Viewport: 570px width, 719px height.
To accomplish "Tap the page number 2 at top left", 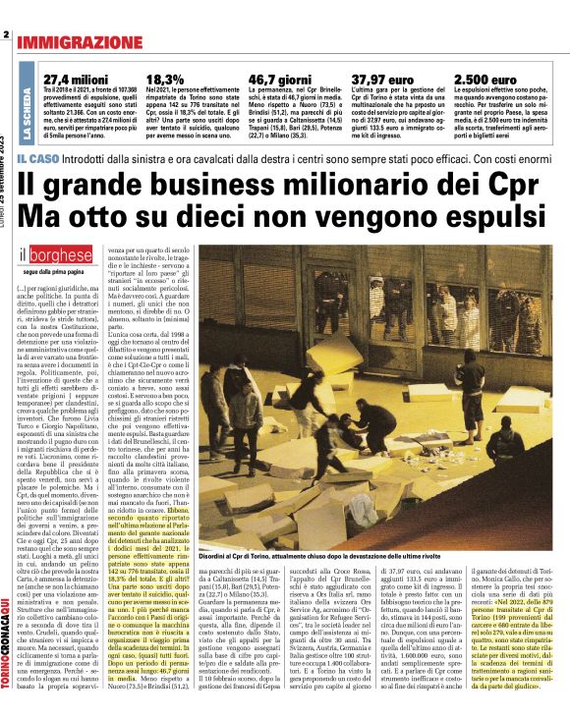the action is (6, 36).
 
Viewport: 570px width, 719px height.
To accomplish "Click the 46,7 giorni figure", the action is (279, 79).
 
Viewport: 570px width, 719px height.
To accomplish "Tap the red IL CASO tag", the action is (36, 159).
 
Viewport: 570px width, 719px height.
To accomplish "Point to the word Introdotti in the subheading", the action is (91, 159).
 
